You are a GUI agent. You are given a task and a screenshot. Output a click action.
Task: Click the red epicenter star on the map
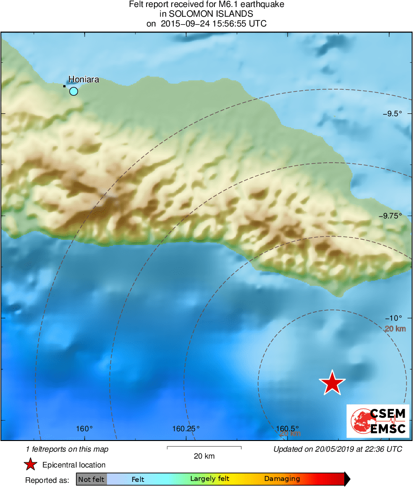(332, 383)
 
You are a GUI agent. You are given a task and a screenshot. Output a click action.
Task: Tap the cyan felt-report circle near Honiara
(73, 91)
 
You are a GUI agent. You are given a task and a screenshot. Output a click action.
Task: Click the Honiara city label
(84, 79)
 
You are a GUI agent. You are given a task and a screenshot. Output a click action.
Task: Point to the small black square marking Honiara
(65, 86)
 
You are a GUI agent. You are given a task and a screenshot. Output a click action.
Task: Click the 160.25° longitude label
(186, 428)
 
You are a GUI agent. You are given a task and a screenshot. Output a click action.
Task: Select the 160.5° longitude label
(288, 428)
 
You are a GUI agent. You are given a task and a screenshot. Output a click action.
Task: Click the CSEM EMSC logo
(378, 421)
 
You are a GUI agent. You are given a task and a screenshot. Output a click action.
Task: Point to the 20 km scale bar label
(204, 456)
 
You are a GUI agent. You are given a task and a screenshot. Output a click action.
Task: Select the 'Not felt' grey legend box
(91, 479)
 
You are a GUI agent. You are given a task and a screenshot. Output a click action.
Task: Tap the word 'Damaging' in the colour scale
(282, 479)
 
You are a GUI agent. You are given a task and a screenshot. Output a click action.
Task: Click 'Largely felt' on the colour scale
(207, 479)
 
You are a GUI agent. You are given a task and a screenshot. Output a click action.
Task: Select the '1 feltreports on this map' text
(67, 449)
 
